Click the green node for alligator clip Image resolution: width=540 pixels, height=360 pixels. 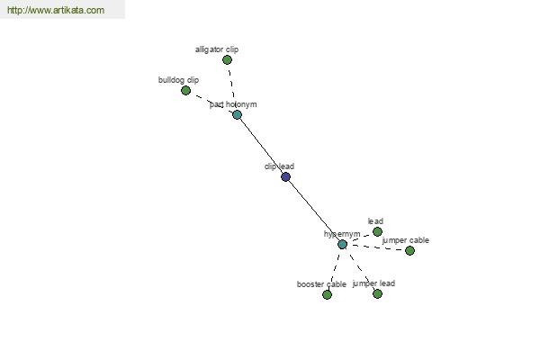[x=227, y=60]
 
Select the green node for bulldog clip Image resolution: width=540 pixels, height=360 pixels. [x=185, y=91]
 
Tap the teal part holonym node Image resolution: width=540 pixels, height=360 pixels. [x=237, y=114]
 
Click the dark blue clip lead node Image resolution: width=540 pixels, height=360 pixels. [x=285, y=176]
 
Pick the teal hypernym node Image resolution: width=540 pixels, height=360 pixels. [x=342, y=244]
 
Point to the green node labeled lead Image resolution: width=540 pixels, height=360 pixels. [x=377, y=231]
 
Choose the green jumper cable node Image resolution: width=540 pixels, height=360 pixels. [x=409, y=250]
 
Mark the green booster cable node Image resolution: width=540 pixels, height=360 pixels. [x=327, y=294]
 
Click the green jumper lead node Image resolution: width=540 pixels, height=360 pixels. [x=377, y=294]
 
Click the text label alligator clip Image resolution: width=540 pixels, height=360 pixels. [x=217, y=49]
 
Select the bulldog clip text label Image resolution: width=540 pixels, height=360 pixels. [x=178, y=80]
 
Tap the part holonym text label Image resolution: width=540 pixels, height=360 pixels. [x=233, y=104]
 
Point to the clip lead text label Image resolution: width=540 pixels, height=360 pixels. [x=279, y=166]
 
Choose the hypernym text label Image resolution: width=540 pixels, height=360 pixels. [x=342, y=234]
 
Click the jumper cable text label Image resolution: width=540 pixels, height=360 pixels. [x=406, y=240]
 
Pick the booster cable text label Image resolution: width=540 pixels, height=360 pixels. [x=321, y=284]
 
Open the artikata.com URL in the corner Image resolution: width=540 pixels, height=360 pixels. [x=56, y=10]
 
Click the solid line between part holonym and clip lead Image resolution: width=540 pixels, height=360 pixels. [x=261, y=146]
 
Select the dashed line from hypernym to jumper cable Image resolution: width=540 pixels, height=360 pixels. [x=376, y=247]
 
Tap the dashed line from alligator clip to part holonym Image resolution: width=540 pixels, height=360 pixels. [x=232, y=87]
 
